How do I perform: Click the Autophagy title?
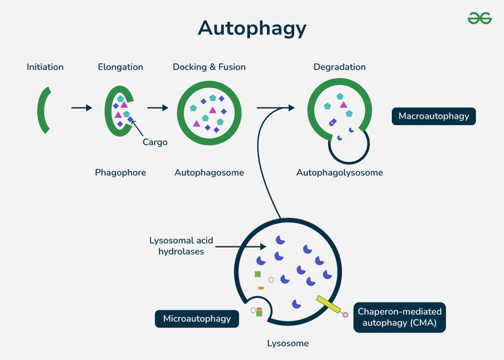(x=252, y=28)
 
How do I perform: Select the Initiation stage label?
(x=45, y=67)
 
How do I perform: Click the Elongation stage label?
(x=120, y=67)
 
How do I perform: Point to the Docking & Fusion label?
(x=208, y=67)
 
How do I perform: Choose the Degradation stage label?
(x=339, y=67)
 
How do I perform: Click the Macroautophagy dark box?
(x=434, y=117)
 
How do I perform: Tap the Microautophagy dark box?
(x=197, y=319)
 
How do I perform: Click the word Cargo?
(x=155, y=142)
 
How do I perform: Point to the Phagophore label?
(x=120, y=172)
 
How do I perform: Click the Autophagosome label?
(x=209, y=172)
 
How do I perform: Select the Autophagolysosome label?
(x=339, y=172)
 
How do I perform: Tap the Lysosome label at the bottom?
(x=287, y=343)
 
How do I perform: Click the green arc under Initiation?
(x=43, y=108)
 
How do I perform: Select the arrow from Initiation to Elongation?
(x=81, y=108)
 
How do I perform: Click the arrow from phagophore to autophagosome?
(x=158, y=108)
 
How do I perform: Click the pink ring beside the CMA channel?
(x=346, y=315)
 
